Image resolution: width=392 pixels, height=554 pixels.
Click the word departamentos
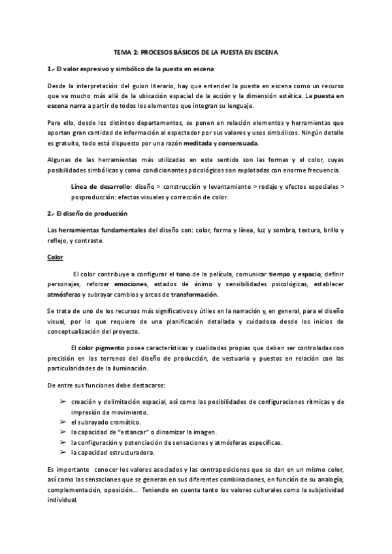point(161,123)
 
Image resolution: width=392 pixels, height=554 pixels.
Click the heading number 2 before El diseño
point(50,214)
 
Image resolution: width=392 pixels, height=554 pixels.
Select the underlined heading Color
point(55,257)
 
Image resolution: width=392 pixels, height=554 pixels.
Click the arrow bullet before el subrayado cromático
point(62,423)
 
